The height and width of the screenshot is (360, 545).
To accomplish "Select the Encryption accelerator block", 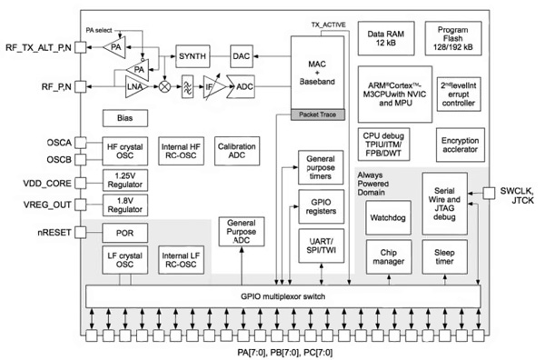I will (x=461, y=145).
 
